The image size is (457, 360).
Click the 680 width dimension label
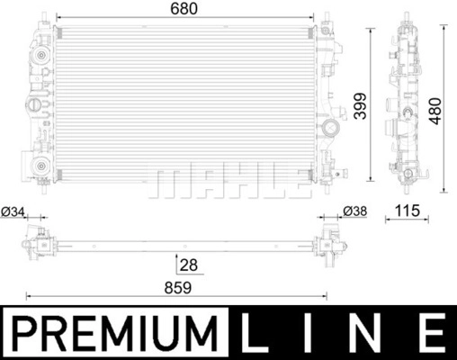(x=184, y=9)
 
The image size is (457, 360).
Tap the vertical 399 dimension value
(x=360, y=106)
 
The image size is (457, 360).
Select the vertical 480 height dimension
(x=435, y=111)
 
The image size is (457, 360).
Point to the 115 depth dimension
(x=408, y=211)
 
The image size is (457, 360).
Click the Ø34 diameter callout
(x=13, y=211)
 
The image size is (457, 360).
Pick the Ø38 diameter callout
(x=355, y=211)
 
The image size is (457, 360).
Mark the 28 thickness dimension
(x=189, y=265)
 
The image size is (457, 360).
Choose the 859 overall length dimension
(x=177, y=288)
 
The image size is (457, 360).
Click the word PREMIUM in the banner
(x=115, y=333)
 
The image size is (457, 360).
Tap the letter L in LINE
(x=254, y=333)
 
